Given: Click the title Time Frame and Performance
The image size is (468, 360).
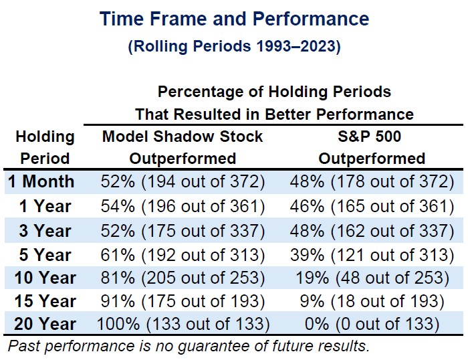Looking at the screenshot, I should click(x=234, y=18).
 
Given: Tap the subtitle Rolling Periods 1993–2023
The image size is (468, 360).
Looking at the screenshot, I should click(x=234, y=48).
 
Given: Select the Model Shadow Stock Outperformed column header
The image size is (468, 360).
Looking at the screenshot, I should click(x=183, y=148).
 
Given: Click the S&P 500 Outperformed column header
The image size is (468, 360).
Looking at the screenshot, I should click(x=372, y=148).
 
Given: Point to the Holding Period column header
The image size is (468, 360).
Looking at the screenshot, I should click(x=44, y=148).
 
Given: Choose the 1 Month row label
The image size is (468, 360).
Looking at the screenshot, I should click(x=42, y=181).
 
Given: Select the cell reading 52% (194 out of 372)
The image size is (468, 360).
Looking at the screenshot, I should click(x=183, y=181).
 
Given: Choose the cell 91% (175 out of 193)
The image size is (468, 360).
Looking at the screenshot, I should click(x=183, y=301).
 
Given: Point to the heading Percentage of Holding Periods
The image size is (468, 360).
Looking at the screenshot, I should click(x=274, y=91).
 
